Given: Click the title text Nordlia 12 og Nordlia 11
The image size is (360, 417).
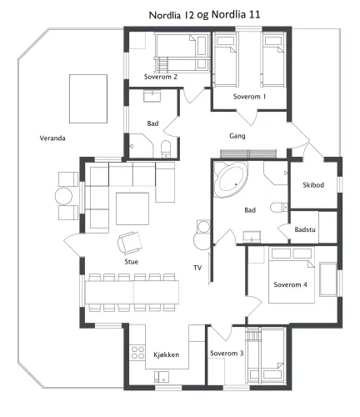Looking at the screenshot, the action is coord(204,15).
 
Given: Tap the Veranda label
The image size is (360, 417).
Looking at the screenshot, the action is coord(52,138).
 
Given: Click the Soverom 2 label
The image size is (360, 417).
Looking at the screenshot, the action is coord(161,77).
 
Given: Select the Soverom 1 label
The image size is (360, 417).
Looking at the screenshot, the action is coord(249,97).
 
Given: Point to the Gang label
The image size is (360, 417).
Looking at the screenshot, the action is coord(237,136).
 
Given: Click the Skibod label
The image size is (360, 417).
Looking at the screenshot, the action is coord(313,185).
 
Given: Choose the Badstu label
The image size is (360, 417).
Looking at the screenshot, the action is coord(305,229).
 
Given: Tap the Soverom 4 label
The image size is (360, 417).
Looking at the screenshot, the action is coord(290,284).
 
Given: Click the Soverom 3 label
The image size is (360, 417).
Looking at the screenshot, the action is coord(227,354).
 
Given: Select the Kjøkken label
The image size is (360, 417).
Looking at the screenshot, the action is coord(167,354).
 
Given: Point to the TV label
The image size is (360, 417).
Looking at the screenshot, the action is coord(197,268).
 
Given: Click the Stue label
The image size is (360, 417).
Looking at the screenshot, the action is coord(132,262).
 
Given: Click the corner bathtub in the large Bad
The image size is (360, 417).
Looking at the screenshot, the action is coord(231,179).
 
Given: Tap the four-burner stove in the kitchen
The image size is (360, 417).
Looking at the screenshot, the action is coord(137,352).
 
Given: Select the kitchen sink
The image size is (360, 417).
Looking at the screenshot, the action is coord(162,377).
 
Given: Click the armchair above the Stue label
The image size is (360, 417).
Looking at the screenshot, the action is coord(130,243).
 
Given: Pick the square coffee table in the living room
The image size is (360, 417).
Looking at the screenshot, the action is coord(132,208).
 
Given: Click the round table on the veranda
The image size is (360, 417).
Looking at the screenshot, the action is coord(63,196).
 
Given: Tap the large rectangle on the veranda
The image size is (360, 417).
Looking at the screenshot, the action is coord(88,98).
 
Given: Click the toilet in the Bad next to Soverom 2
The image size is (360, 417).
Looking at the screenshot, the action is coord(166,148).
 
